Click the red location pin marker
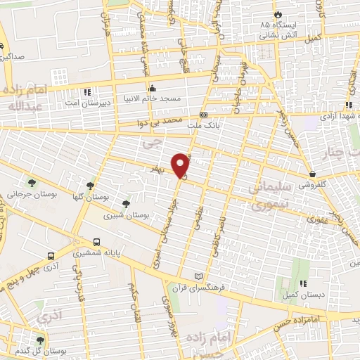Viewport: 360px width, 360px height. (x=181, y=166)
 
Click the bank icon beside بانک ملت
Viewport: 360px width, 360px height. (x=204, y=114)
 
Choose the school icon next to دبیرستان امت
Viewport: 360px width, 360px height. (x=87, y=91)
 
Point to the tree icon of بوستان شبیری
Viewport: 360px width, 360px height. (x=126, y=203)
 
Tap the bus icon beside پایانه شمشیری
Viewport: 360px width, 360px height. (x=96, y=241)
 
